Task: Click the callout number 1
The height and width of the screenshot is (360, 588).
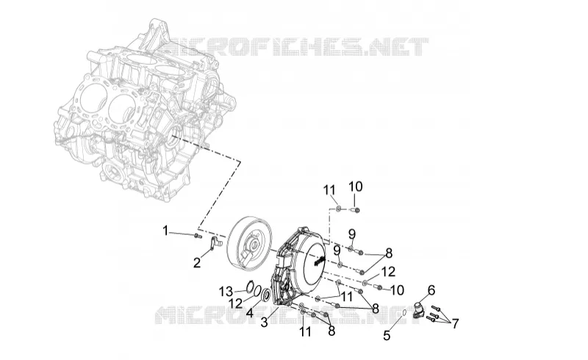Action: point(165,231)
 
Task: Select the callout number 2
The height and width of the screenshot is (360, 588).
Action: point(197,263)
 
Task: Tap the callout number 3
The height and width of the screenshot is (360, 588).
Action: point(265,322)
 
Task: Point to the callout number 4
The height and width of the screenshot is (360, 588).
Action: point(250,312)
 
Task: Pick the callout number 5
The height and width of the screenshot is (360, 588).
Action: point(387,336)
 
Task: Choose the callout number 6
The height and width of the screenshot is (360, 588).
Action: point(431,290)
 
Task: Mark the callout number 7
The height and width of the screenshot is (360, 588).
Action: point(455,323)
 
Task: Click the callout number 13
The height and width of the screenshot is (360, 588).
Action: point(226,291)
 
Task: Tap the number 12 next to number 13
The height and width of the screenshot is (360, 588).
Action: point(236,303)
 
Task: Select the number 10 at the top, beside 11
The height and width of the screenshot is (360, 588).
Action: point(356,187)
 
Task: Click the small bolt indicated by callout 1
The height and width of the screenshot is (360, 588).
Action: point(197,236)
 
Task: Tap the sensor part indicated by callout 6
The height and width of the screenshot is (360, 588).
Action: point(418,309)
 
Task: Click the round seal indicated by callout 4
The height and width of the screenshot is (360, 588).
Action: point(266,295)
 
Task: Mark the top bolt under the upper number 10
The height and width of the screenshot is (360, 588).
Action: point(355,210)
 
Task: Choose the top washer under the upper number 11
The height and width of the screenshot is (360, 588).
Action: point(338,209)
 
